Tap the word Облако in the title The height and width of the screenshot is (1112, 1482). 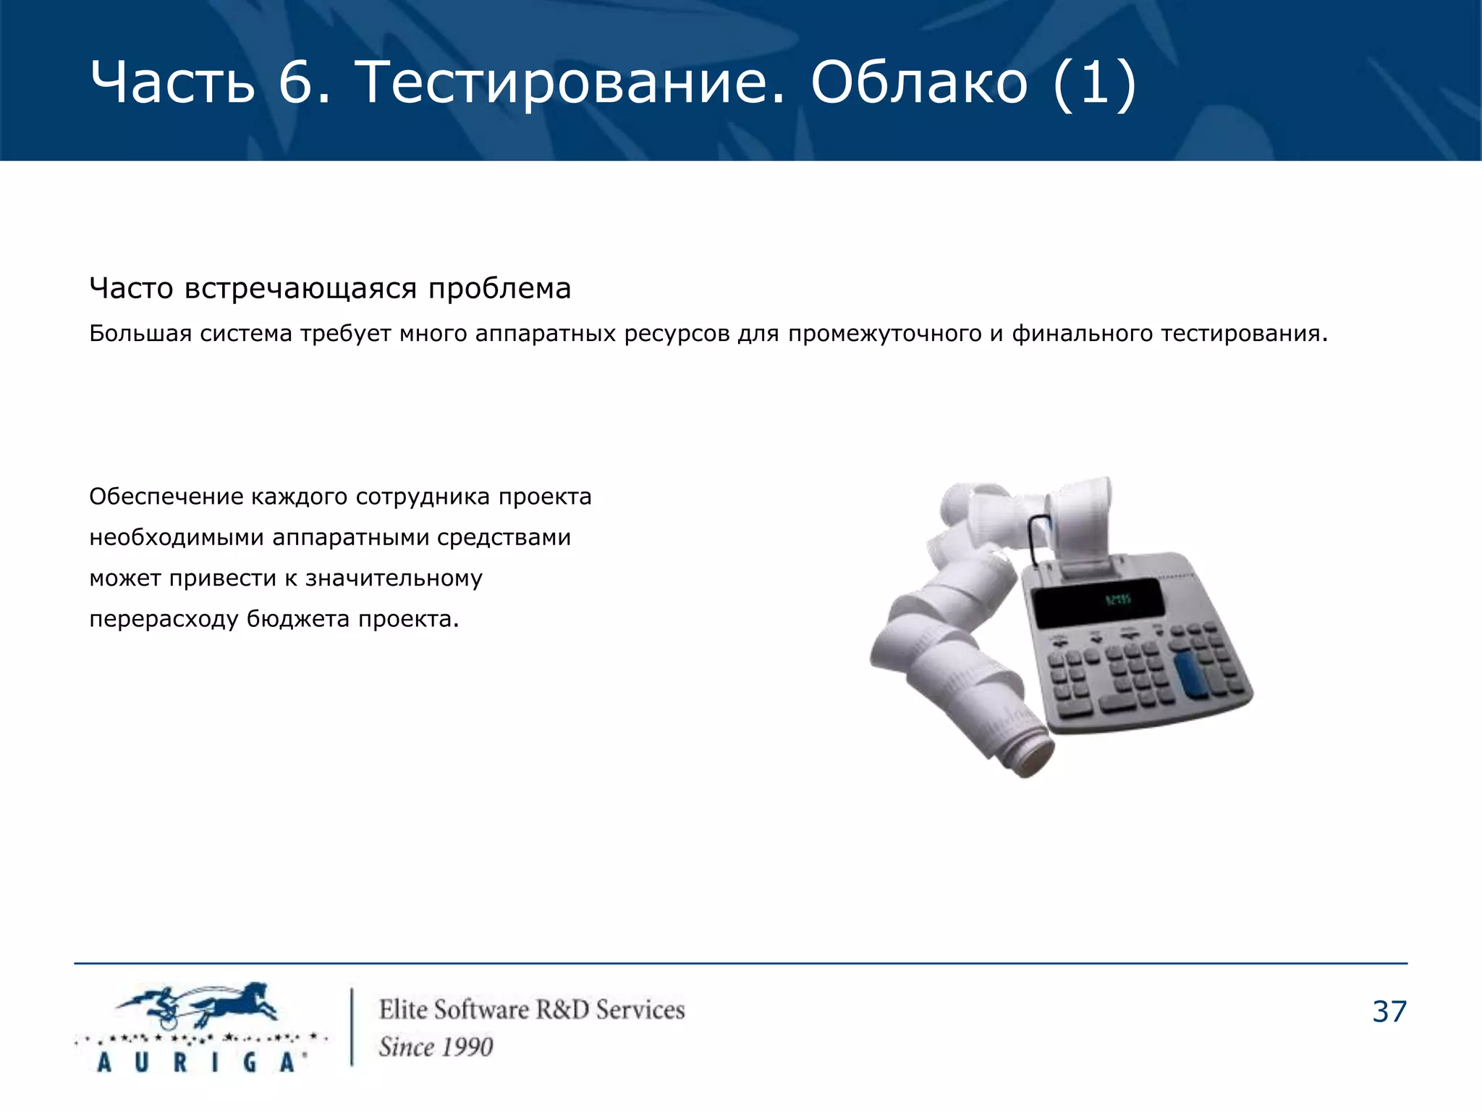point(919,83)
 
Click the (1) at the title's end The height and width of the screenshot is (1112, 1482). point(1094,83)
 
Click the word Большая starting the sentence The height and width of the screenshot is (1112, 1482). point(140,334)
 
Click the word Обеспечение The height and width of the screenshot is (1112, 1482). point(166,497)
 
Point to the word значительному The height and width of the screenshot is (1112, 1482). point(394,578)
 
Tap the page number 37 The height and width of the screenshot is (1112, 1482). point(1389,1012)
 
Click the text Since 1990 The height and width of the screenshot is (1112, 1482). point(436,1047)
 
